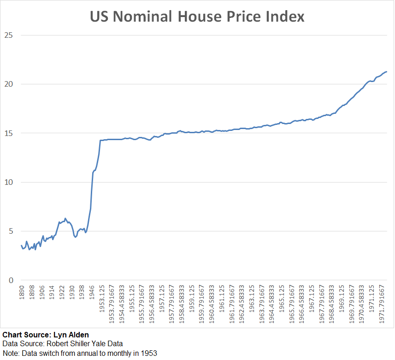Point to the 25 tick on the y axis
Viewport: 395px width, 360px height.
[x=8, y=35]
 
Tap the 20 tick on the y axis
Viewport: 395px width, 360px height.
[x=8, y=84]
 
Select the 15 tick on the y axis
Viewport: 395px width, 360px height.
[x=8, y=133]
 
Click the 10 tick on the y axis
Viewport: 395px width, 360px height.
[x=8, y=182]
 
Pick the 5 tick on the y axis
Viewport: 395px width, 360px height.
[x=11, y=231]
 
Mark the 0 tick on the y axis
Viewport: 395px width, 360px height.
[x=11, y=280]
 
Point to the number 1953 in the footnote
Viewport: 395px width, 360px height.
[x=148, y=354]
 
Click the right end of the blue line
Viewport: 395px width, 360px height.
[x=387, y=71]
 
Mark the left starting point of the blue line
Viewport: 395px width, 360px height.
[x=21, y=245]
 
